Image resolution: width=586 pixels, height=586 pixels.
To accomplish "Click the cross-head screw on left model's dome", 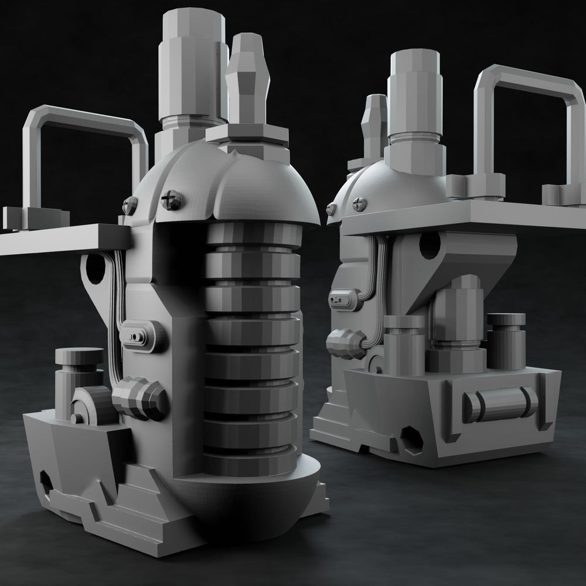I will [x=171, y=200].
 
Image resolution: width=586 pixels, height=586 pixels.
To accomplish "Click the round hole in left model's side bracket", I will [x=94, y=267].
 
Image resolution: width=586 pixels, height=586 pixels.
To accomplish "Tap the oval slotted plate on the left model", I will [x=139, y=335].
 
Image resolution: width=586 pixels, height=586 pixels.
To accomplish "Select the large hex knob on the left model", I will [x=139, y=398].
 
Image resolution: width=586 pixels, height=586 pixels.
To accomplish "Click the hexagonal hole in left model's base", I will [x=46, y=482].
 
